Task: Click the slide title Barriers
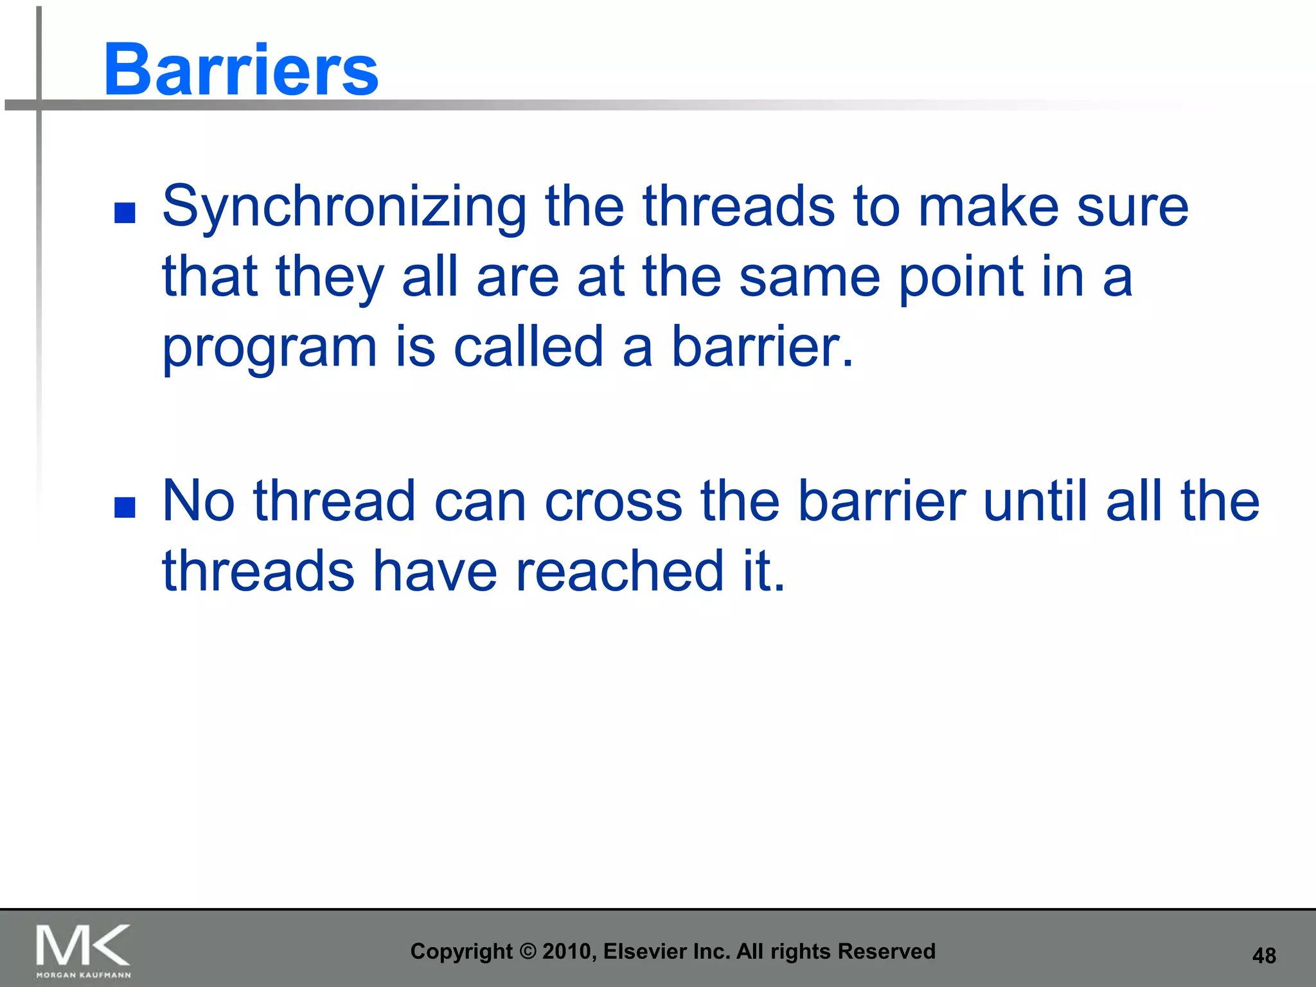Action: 241,69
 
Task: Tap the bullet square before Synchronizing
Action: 125,213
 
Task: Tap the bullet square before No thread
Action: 125,507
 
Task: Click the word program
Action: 269,350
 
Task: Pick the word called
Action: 529,346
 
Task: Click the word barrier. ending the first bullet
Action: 763,346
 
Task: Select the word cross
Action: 614,502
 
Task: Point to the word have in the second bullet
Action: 436,570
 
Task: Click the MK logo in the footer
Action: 83,945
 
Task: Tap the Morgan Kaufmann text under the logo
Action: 84,975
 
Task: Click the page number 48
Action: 1264,956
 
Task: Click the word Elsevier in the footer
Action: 645,951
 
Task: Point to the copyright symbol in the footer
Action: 527,952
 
